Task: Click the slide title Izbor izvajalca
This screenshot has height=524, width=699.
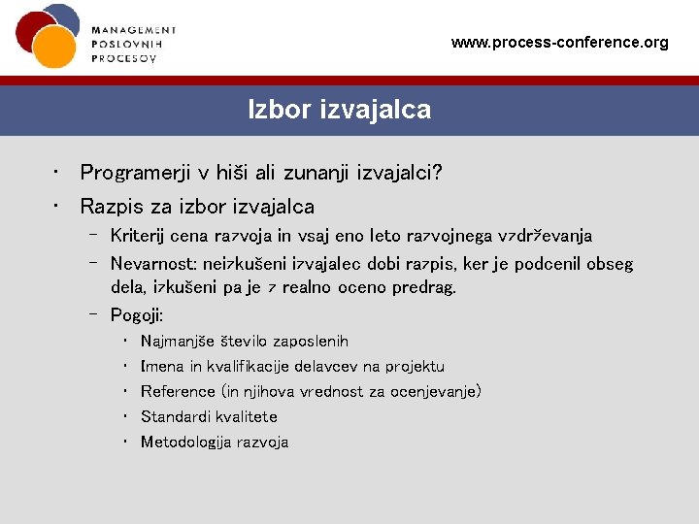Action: pyautogui.click(x=339, y=110)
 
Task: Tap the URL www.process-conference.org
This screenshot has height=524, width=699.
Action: pyautogui.click(x=560, y=43)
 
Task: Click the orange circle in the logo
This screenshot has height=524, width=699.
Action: pyautogui.click(x=53, y=46)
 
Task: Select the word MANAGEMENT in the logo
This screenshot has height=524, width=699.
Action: pyautogui.click(x=134, y=31)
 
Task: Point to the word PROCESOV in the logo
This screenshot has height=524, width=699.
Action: pyautogui.click(x=123, y=58)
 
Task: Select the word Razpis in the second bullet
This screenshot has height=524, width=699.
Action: pyautogui.click(x=112, y=207)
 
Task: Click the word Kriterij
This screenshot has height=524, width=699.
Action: pyautogui.click(x=138, y=236)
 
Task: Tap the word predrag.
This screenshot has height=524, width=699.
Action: pyautogui.click(x=425, y=287)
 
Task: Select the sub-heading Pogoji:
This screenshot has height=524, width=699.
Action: pyautogui.click(x=137, y=314)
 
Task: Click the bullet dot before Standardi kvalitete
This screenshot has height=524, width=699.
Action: pyautogui.click(x=127, y=416)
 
